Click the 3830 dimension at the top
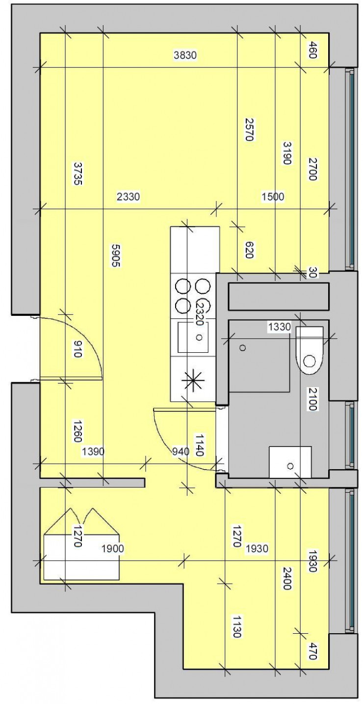coord(185,56)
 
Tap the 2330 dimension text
coord(129,197)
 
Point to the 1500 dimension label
coord(273,197)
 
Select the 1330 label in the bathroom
coord(279,326)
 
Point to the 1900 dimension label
coord(112,549)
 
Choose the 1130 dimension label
coord(236,626)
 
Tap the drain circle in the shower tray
coord(242,348)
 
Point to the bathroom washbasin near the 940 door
coord(290,462)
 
